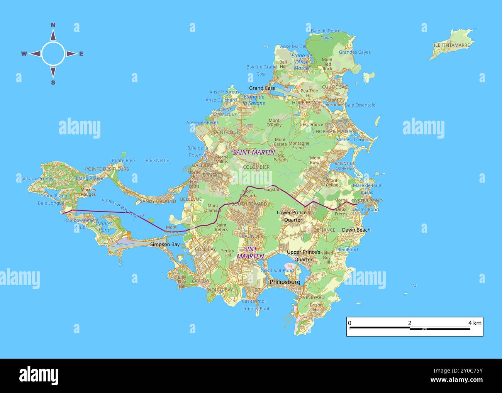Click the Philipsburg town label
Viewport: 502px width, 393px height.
click(285, 282)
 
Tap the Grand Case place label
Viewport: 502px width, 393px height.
click(262, 88)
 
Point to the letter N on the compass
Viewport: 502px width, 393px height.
click(53, 25)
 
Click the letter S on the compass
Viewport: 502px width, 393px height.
click(53, 82)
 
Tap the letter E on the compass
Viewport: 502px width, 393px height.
click(81, 54)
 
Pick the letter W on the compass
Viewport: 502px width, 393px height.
click(24, 54)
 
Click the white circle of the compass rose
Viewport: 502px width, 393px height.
click(53, 54)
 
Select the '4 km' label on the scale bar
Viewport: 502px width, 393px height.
click(475, 323)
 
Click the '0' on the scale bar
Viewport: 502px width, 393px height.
click(349, 323)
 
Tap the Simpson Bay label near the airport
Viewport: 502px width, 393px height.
click(165, 244)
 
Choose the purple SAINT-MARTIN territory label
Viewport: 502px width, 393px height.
click(254, 152)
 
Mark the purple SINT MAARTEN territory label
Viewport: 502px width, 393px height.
click(250, 252)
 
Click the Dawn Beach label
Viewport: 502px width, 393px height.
click(356, 230)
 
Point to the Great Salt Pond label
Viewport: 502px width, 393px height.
click(277, 271)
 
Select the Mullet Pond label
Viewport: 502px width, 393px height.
click(104, 227)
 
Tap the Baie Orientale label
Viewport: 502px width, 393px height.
click(360, 105)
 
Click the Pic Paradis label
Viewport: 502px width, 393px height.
click(281, 158)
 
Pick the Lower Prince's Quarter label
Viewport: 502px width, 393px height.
click(293, 216)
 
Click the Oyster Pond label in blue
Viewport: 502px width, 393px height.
click(365, 209)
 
